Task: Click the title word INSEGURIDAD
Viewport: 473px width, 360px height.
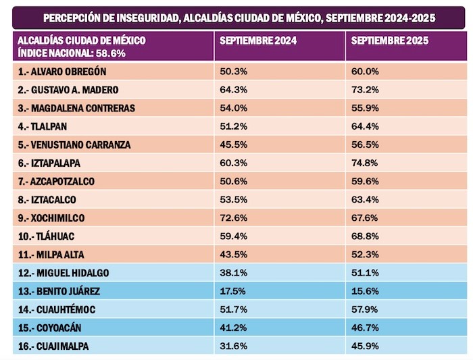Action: (141, 16)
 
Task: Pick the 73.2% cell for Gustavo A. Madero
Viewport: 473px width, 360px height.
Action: (365, 89)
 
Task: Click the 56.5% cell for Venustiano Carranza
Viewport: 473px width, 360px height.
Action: (365, 145)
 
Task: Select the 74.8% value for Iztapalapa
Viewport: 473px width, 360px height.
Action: (365, 163)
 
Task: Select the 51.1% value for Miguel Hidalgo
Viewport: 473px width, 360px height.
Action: (365, 274)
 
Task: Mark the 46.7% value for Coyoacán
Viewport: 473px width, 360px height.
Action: (365, 328)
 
